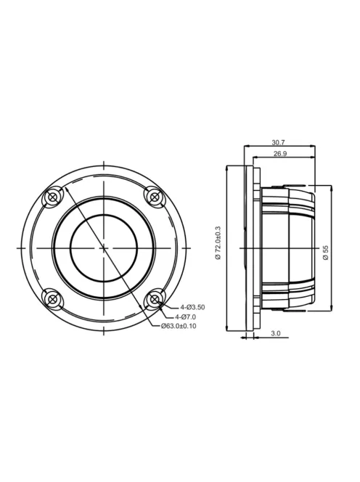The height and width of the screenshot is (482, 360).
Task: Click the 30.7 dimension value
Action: (x=279, y=142)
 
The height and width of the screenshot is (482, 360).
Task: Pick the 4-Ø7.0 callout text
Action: (x=187, y=316)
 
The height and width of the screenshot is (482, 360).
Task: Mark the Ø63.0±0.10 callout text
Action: (x=179, y=326)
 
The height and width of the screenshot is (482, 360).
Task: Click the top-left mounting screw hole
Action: (x=52, y=197)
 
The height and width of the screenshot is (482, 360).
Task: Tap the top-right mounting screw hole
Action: (x=153, y=196)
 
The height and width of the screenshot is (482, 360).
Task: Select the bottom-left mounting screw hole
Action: (x=52, y=298)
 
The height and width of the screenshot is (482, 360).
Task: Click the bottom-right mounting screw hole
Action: (x=153, y=298)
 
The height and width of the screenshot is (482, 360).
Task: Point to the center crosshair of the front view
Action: (x=103, y=248)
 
